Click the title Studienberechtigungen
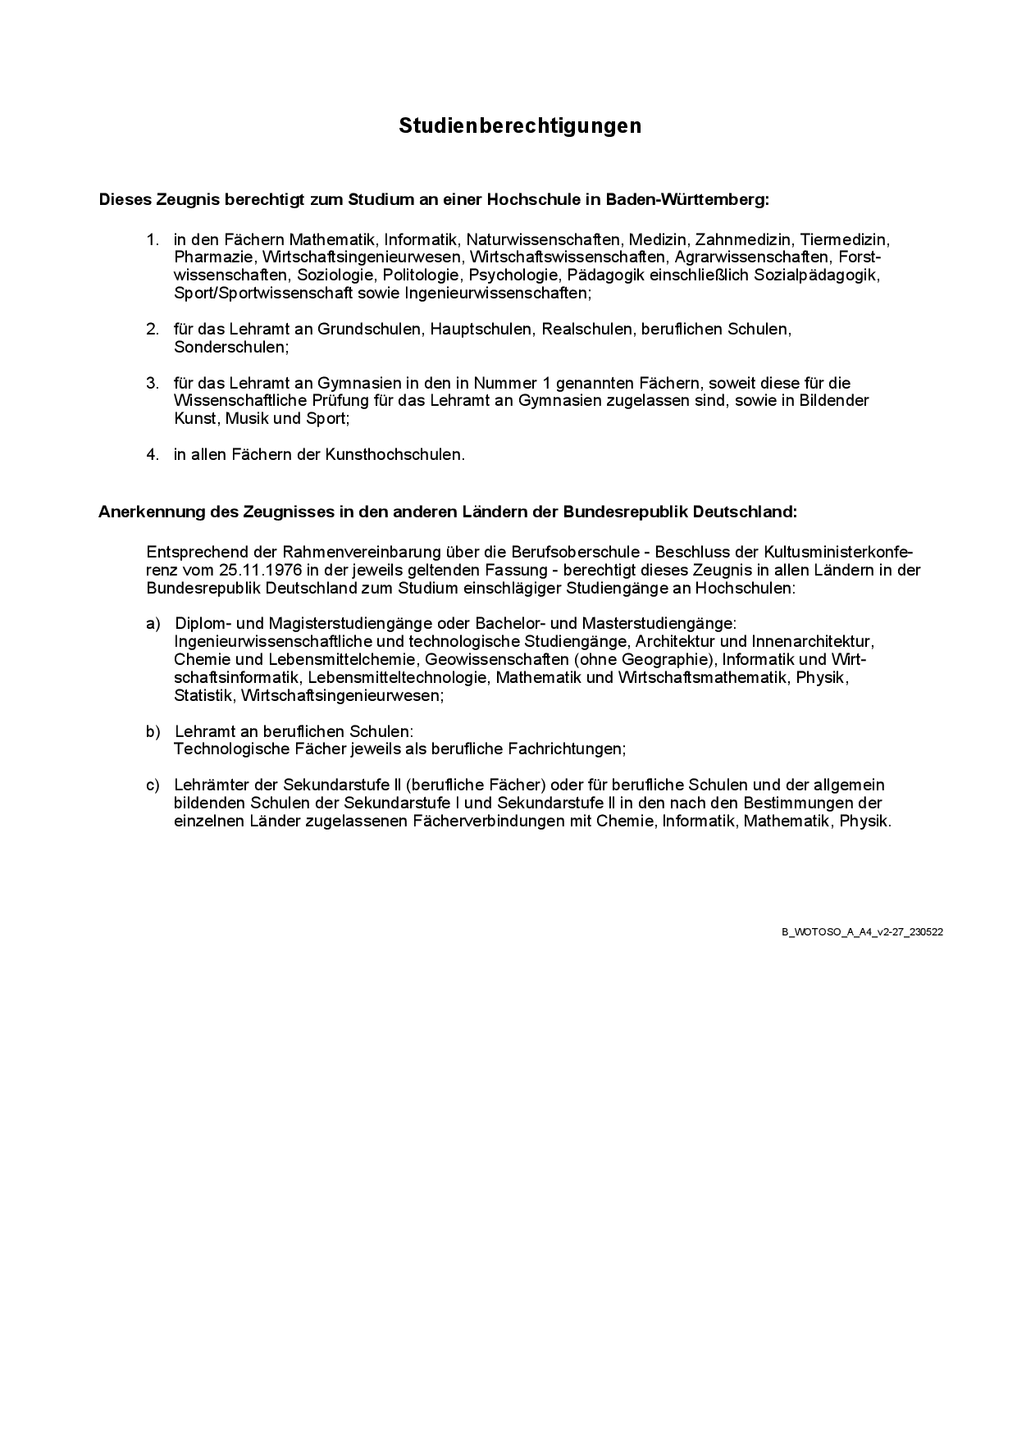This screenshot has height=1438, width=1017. pos(520,125)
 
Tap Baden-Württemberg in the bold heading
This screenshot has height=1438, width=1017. pos(687,199)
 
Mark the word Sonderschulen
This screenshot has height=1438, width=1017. pos(230,348)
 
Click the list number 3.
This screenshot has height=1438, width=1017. pos(152,383)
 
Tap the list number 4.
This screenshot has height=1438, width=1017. pos(152,454)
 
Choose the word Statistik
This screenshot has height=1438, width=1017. pos(204,696)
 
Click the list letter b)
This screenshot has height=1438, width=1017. pos(153,731)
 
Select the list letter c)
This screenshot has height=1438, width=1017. pos(153,785)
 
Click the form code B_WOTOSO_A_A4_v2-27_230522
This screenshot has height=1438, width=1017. pos(861,932)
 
